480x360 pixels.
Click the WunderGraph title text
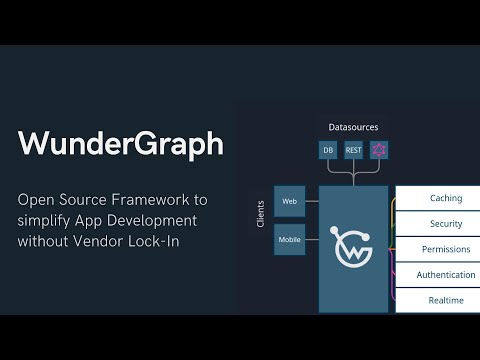pos(121,144)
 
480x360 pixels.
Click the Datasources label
pos(353,127)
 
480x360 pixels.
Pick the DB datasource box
pos(328,150)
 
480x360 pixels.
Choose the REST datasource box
pos(353,150)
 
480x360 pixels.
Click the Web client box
pos(290,201)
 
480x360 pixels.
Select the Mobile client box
pos(290,240)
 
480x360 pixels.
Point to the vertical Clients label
pos(261,213)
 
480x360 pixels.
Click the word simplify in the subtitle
pos(47,220)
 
